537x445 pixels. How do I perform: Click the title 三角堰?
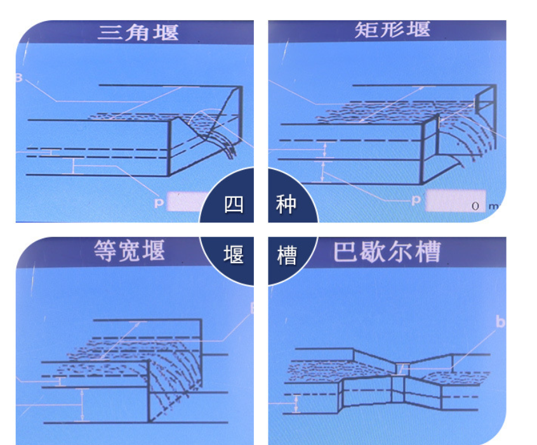pos(138,32)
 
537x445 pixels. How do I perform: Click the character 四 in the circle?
pos(234,205)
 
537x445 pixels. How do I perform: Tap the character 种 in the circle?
pos(286,205)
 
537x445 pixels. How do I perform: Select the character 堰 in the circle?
pos(234,255)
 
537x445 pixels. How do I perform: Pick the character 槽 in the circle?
pos(286,255)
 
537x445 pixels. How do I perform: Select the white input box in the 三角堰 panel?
pos(187,202)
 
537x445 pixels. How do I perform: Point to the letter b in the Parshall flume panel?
pos(500,323)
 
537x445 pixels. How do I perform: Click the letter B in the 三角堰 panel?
pos(19,78)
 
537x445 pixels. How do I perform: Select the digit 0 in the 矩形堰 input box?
pos(475,206)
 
